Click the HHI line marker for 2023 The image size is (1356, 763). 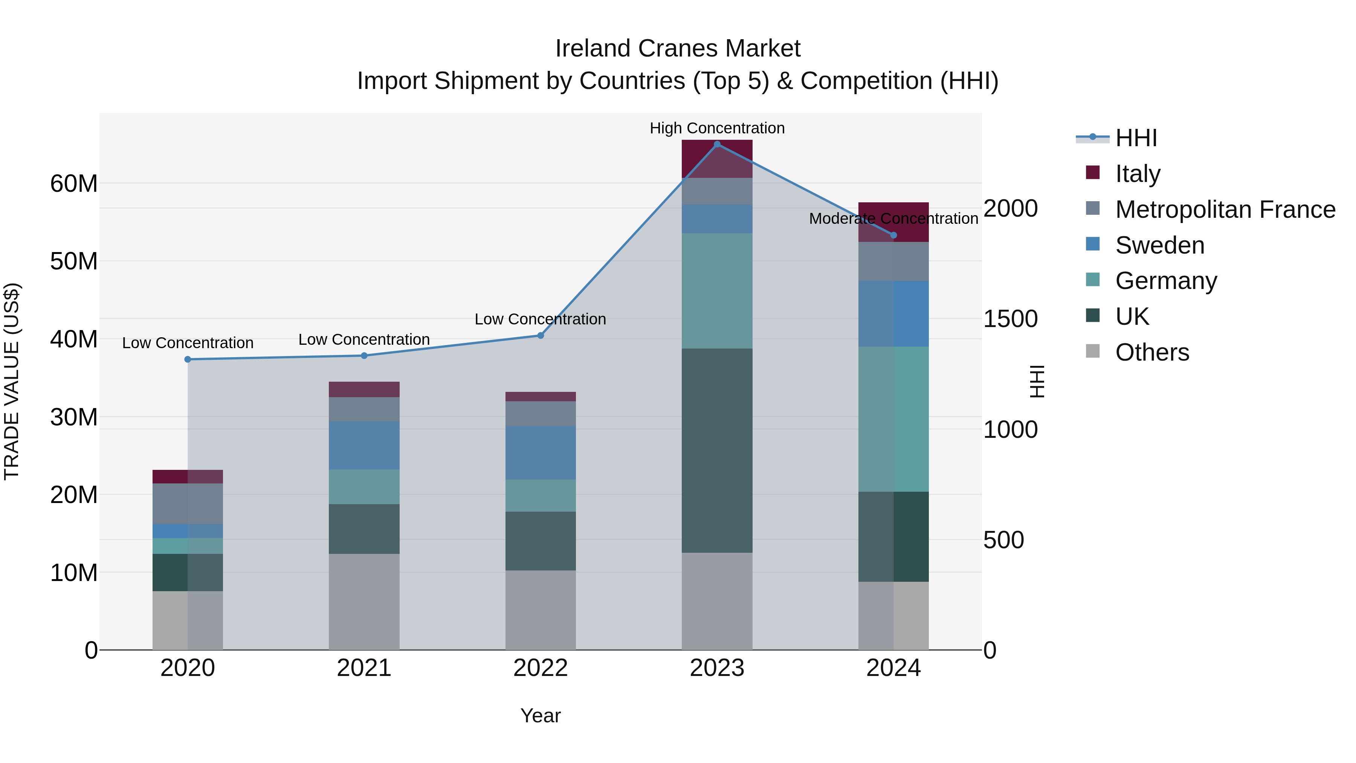click(x=716, y=144)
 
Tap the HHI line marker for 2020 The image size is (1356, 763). click(x=188, y=359)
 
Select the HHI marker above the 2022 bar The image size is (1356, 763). click(x=540, y=335)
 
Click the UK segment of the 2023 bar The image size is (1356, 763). click(x=716, y=450)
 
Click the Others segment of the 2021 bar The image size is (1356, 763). click(x=364, y=601)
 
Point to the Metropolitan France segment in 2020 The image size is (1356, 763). click(x=188, y=503)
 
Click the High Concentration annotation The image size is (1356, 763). click(x=716, y=128)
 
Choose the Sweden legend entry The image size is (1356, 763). click(x=1159, y=245)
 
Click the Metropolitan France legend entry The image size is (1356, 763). click(x=1225, y=209)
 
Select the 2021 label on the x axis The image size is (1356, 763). click(x=364, y=668)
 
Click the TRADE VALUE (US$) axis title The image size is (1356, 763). click(x=12, y=381)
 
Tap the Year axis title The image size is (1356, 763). click(x=540, y=715)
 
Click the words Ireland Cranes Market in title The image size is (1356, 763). click(x=678, y=49)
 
